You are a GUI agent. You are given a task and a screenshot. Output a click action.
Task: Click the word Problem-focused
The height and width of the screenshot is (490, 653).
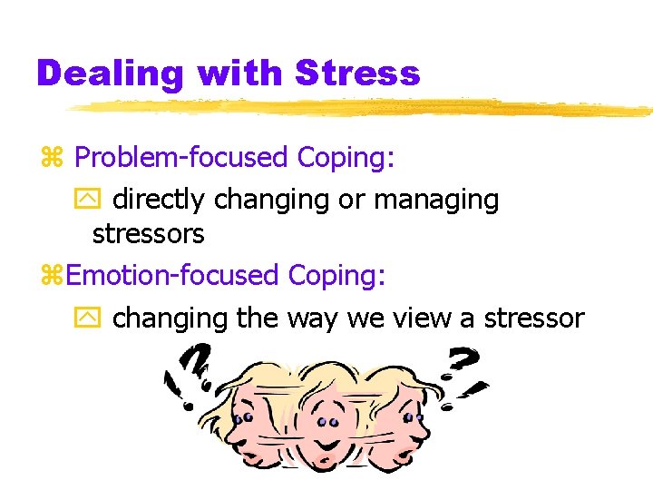[180, 158]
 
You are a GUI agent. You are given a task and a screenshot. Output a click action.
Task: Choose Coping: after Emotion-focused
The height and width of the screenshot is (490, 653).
[336, 275]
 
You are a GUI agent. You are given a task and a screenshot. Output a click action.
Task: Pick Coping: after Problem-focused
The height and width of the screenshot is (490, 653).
[346, 158]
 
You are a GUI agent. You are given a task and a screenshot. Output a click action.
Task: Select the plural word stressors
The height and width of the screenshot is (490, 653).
[148, 234]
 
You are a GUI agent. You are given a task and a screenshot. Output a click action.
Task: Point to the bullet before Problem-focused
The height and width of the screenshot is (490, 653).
[51, 159]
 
